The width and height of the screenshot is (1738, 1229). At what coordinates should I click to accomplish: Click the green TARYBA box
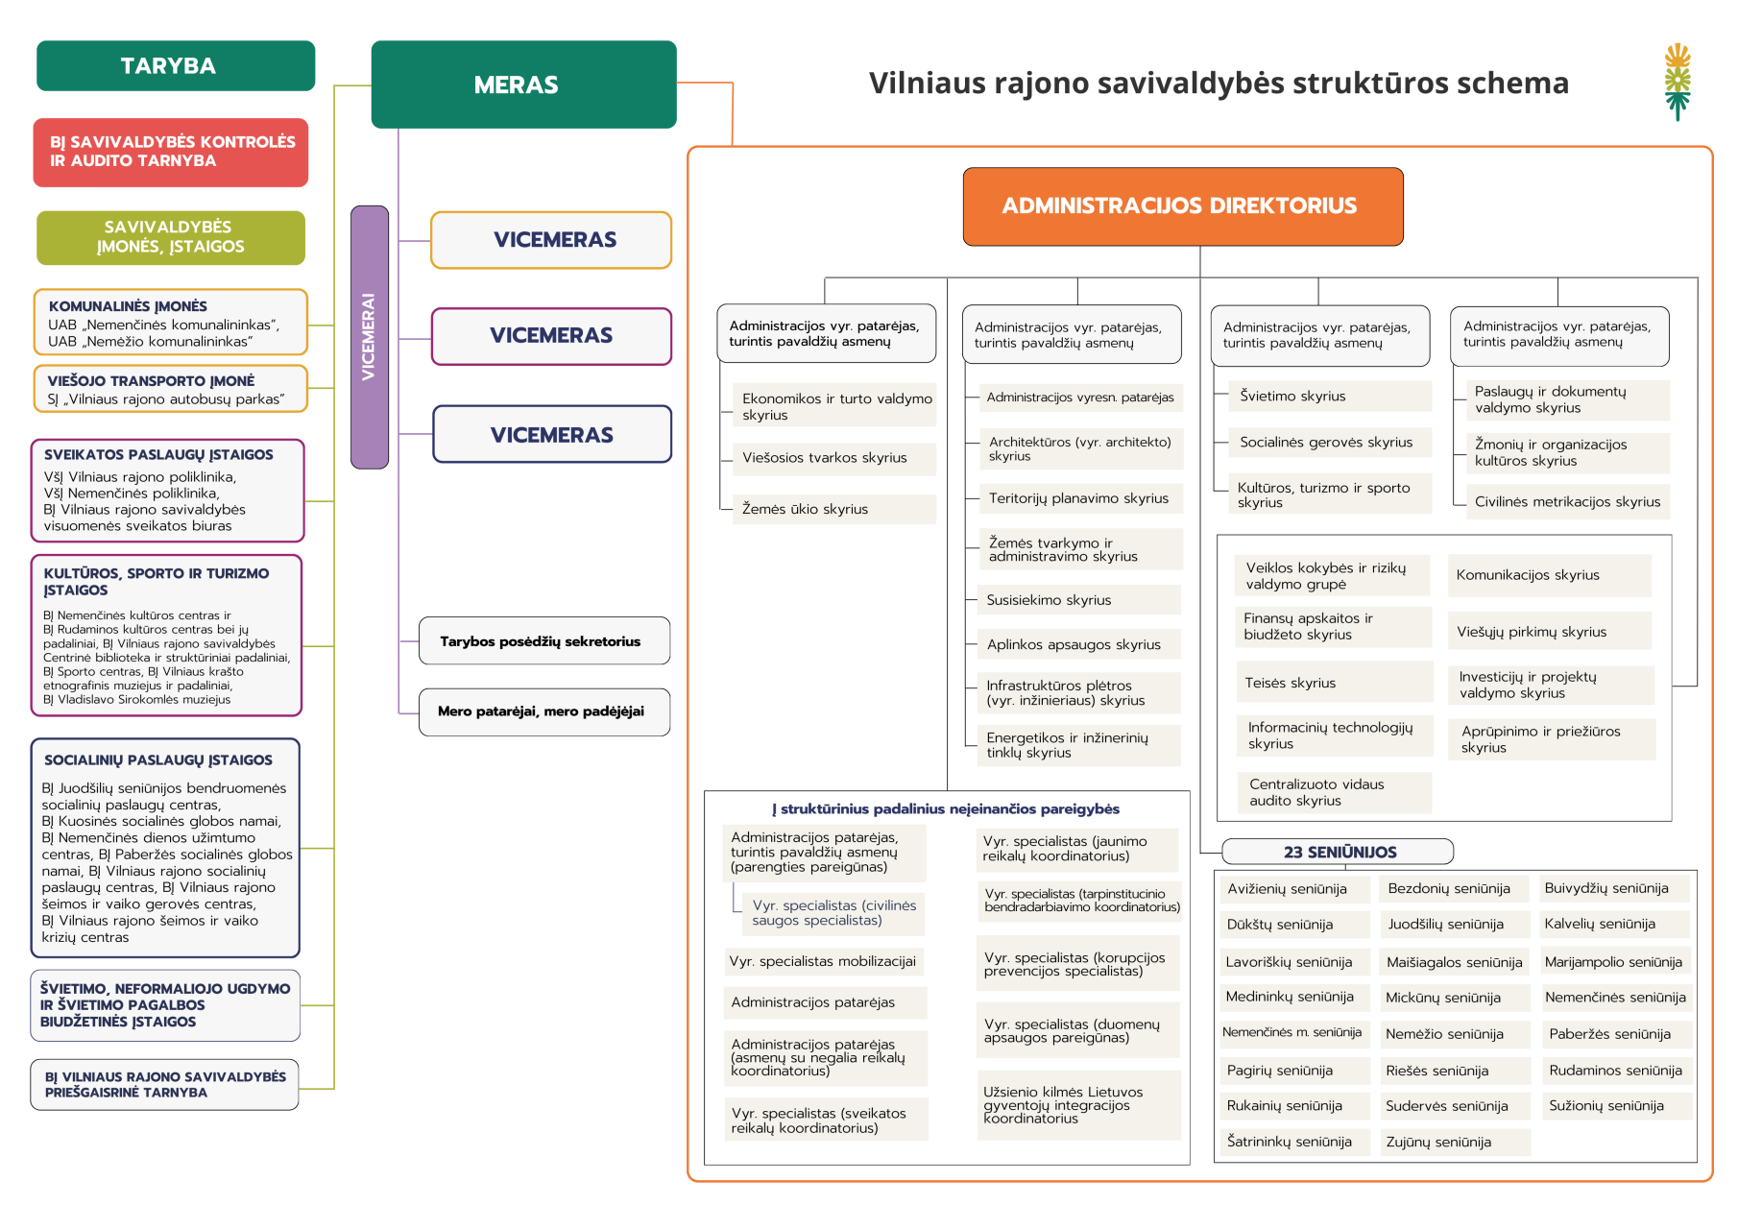click(x=176, y=65)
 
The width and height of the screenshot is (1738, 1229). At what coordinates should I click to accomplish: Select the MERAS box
click(x=523, y=84)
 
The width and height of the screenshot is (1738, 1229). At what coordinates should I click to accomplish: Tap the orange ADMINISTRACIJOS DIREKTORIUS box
click(x=1182, y=206)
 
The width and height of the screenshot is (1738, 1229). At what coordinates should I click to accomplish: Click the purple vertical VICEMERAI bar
click(x=369, y=336)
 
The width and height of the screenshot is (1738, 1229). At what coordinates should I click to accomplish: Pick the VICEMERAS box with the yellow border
click(x=551, y=240)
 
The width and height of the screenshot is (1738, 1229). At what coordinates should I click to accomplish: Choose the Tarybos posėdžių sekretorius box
click(x=543, y=640)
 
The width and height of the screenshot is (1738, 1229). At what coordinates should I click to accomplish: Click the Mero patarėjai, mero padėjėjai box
click(x=543, y=711)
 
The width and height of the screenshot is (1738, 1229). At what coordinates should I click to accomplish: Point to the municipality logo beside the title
click(x=1677, y=82)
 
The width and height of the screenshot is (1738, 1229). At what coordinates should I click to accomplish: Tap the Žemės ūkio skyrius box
click(x=834, y=509)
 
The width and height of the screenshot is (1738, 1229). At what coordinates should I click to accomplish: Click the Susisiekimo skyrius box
click(x=1078, y=600)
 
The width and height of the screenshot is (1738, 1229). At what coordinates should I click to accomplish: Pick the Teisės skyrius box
click(x=1334, y=683)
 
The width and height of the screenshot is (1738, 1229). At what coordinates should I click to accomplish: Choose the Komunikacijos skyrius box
click(x=1549, y=575)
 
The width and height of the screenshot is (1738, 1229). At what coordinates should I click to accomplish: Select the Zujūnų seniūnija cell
click(x=1454, y=1142)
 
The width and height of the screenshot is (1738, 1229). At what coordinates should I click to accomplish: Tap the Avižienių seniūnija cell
click(x=1292, y=889)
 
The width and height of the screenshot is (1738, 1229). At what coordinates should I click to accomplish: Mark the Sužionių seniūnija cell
click(x=1614, y=1106)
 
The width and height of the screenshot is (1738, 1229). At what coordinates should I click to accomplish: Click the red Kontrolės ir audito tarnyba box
click(x=171, y=152)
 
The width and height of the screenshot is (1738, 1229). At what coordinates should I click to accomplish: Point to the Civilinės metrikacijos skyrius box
click(x=1566, y=501)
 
